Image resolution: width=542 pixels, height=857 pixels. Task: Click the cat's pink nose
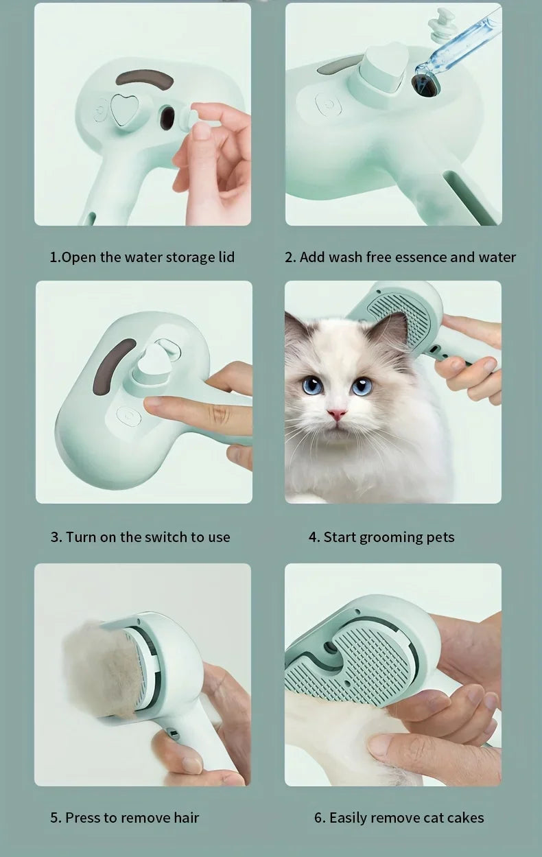pyautogui.click(x=336, y=414)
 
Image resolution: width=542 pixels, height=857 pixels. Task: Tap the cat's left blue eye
pyautogui.click(x=313, y=386)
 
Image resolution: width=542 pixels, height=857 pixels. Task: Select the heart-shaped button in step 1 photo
pyautogui.click(x=125, y=109)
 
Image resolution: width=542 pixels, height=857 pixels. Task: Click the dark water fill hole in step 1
pyautogui.click(x=167, y=119)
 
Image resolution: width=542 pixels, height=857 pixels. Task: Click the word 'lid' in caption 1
pyautogui.click(x=224, y=257)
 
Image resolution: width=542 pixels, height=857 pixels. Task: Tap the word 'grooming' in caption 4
pyautogui.click(x=388, y=537)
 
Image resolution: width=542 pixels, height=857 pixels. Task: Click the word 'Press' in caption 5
pyautogui.click(x=83, y=818)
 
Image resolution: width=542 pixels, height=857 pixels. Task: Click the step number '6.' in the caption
pyautogui.click(x=320, y=818)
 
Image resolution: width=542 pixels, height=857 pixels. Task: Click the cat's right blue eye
pyautogui.click(x=362, y=386)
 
